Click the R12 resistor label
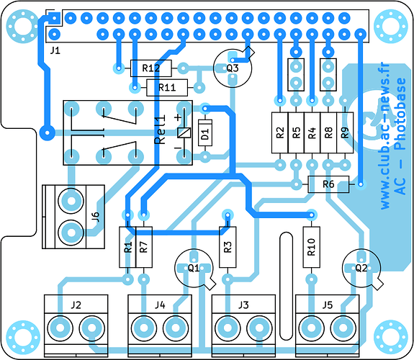point(151,68)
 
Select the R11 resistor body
point(167,87)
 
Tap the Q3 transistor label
point(233,68)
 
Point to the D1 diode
point(205,132)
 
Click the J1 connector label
point(55,50)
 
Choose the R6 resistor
point(328,184)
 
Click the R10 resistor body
point(312,247)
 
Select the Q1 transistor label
point(194,268)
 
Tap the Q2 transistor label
point(361,268)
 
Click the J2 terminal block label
point(76,305)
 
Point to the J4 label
point(160,305)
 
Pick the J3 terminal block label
point(243,305)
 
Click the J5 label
point(328,305)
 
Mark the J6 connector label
point(96,217)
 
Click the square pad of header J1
point(55,18)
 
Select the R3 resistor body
point(228,247)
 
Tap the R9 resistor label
point(345,132)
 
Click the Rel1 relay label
point(161,130)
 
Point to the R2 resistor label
point(280,132)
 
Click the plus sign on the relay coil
point(179,117)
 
